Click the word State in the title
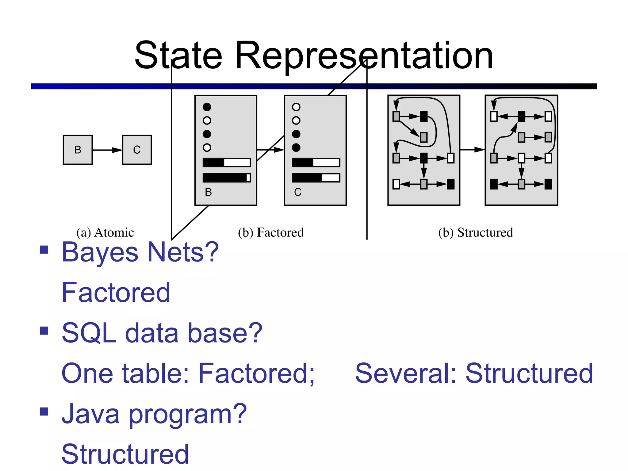[x=178, y=56]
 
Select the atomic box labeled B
[x=78, y=150]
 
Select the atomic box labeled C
[x=137, y=150]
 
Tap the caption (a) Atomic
[x=105, y=232]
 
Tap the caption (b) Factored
[x=271, y=232]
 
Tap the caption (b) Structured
[x=475, y=232]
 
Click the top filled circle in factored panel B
[x=207, y=107]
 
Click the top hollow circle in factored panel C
[x=296, y=107]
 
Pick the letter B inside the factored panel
[x=208, y=192]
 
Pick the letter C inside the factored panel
[x=297, y=192]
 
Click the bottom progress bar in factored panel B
[x=227, y=178]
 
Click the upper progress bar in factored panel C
[x=316, y=163]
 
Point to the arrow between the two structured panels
[x=472, y=150]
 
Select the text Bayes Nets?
[x=140, y=252]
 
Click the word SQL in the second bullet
[x=89, y=333]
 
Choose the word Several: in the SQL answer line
[x=406, y=373]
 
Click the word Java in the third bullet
[x=90, y=414]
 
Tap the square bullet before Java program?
[x=44, y=411]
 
